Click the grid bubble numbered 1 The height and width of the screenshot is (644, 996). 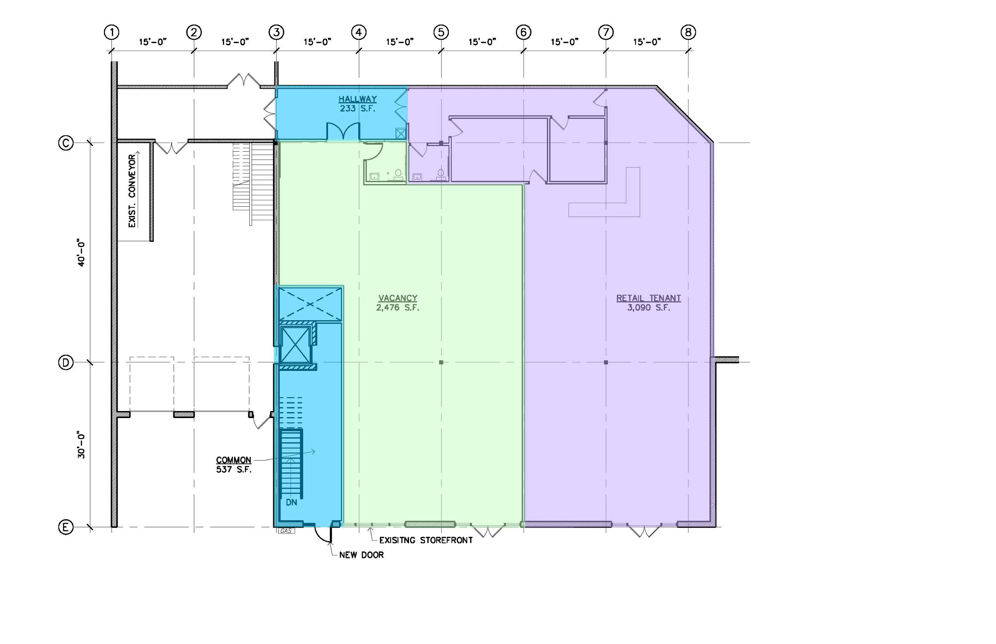112,32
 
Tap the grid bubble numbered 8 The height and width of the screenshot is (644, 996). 689,32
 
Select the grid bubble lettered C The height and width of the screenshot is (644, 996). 66,143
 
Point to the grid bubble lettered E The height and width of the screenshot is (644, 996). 66,527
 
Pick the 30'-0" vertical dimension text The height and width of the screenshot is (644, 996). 81,446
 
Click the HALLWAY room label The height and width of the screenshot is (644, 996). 358,99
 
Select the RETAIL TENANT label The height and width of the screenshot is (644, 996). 648,298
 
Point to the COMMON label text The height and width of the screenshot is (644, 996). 233,460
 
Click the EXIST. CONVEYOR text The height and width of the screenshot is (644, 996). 132,191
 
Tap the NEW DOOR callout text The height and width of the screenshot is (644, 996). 362,555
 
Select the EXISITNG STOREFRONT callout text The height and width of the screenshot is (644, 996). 426,540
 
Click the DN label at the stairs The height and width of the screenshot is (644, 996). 292,502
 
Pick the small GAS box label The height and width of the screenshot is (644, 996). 286,531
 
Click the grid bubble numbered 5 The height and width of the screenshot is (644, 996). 441,32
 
